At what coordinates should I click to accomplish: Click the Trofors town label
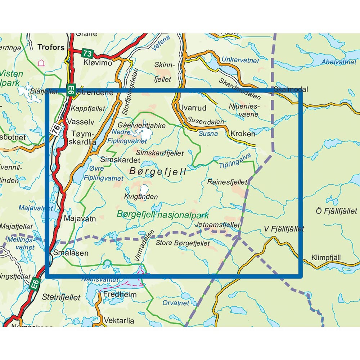click(x=51, y=47)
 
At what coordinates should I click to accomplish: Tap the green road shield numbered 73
click(x=87, y=53)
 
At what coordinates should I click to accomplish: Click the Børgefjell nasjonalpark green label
click(x=163, y=215)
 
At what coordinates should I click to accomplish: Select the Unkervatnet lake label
click(x=240, y=60)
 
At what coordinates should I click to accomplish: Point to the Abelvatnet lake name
click(x=339, y=62)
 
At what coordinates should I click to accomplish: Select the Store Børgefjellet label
click(x=183, y=243)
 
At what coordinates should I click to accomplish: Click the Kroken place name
click(x=243, y=134)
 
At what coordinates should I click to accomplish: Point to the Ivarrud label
click(x=194, y=108)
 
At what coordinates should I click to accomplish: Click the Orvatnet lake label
click(x=175, y=303)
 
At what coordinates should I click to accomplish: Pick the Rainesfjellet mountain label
click(x=227, y=182)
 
